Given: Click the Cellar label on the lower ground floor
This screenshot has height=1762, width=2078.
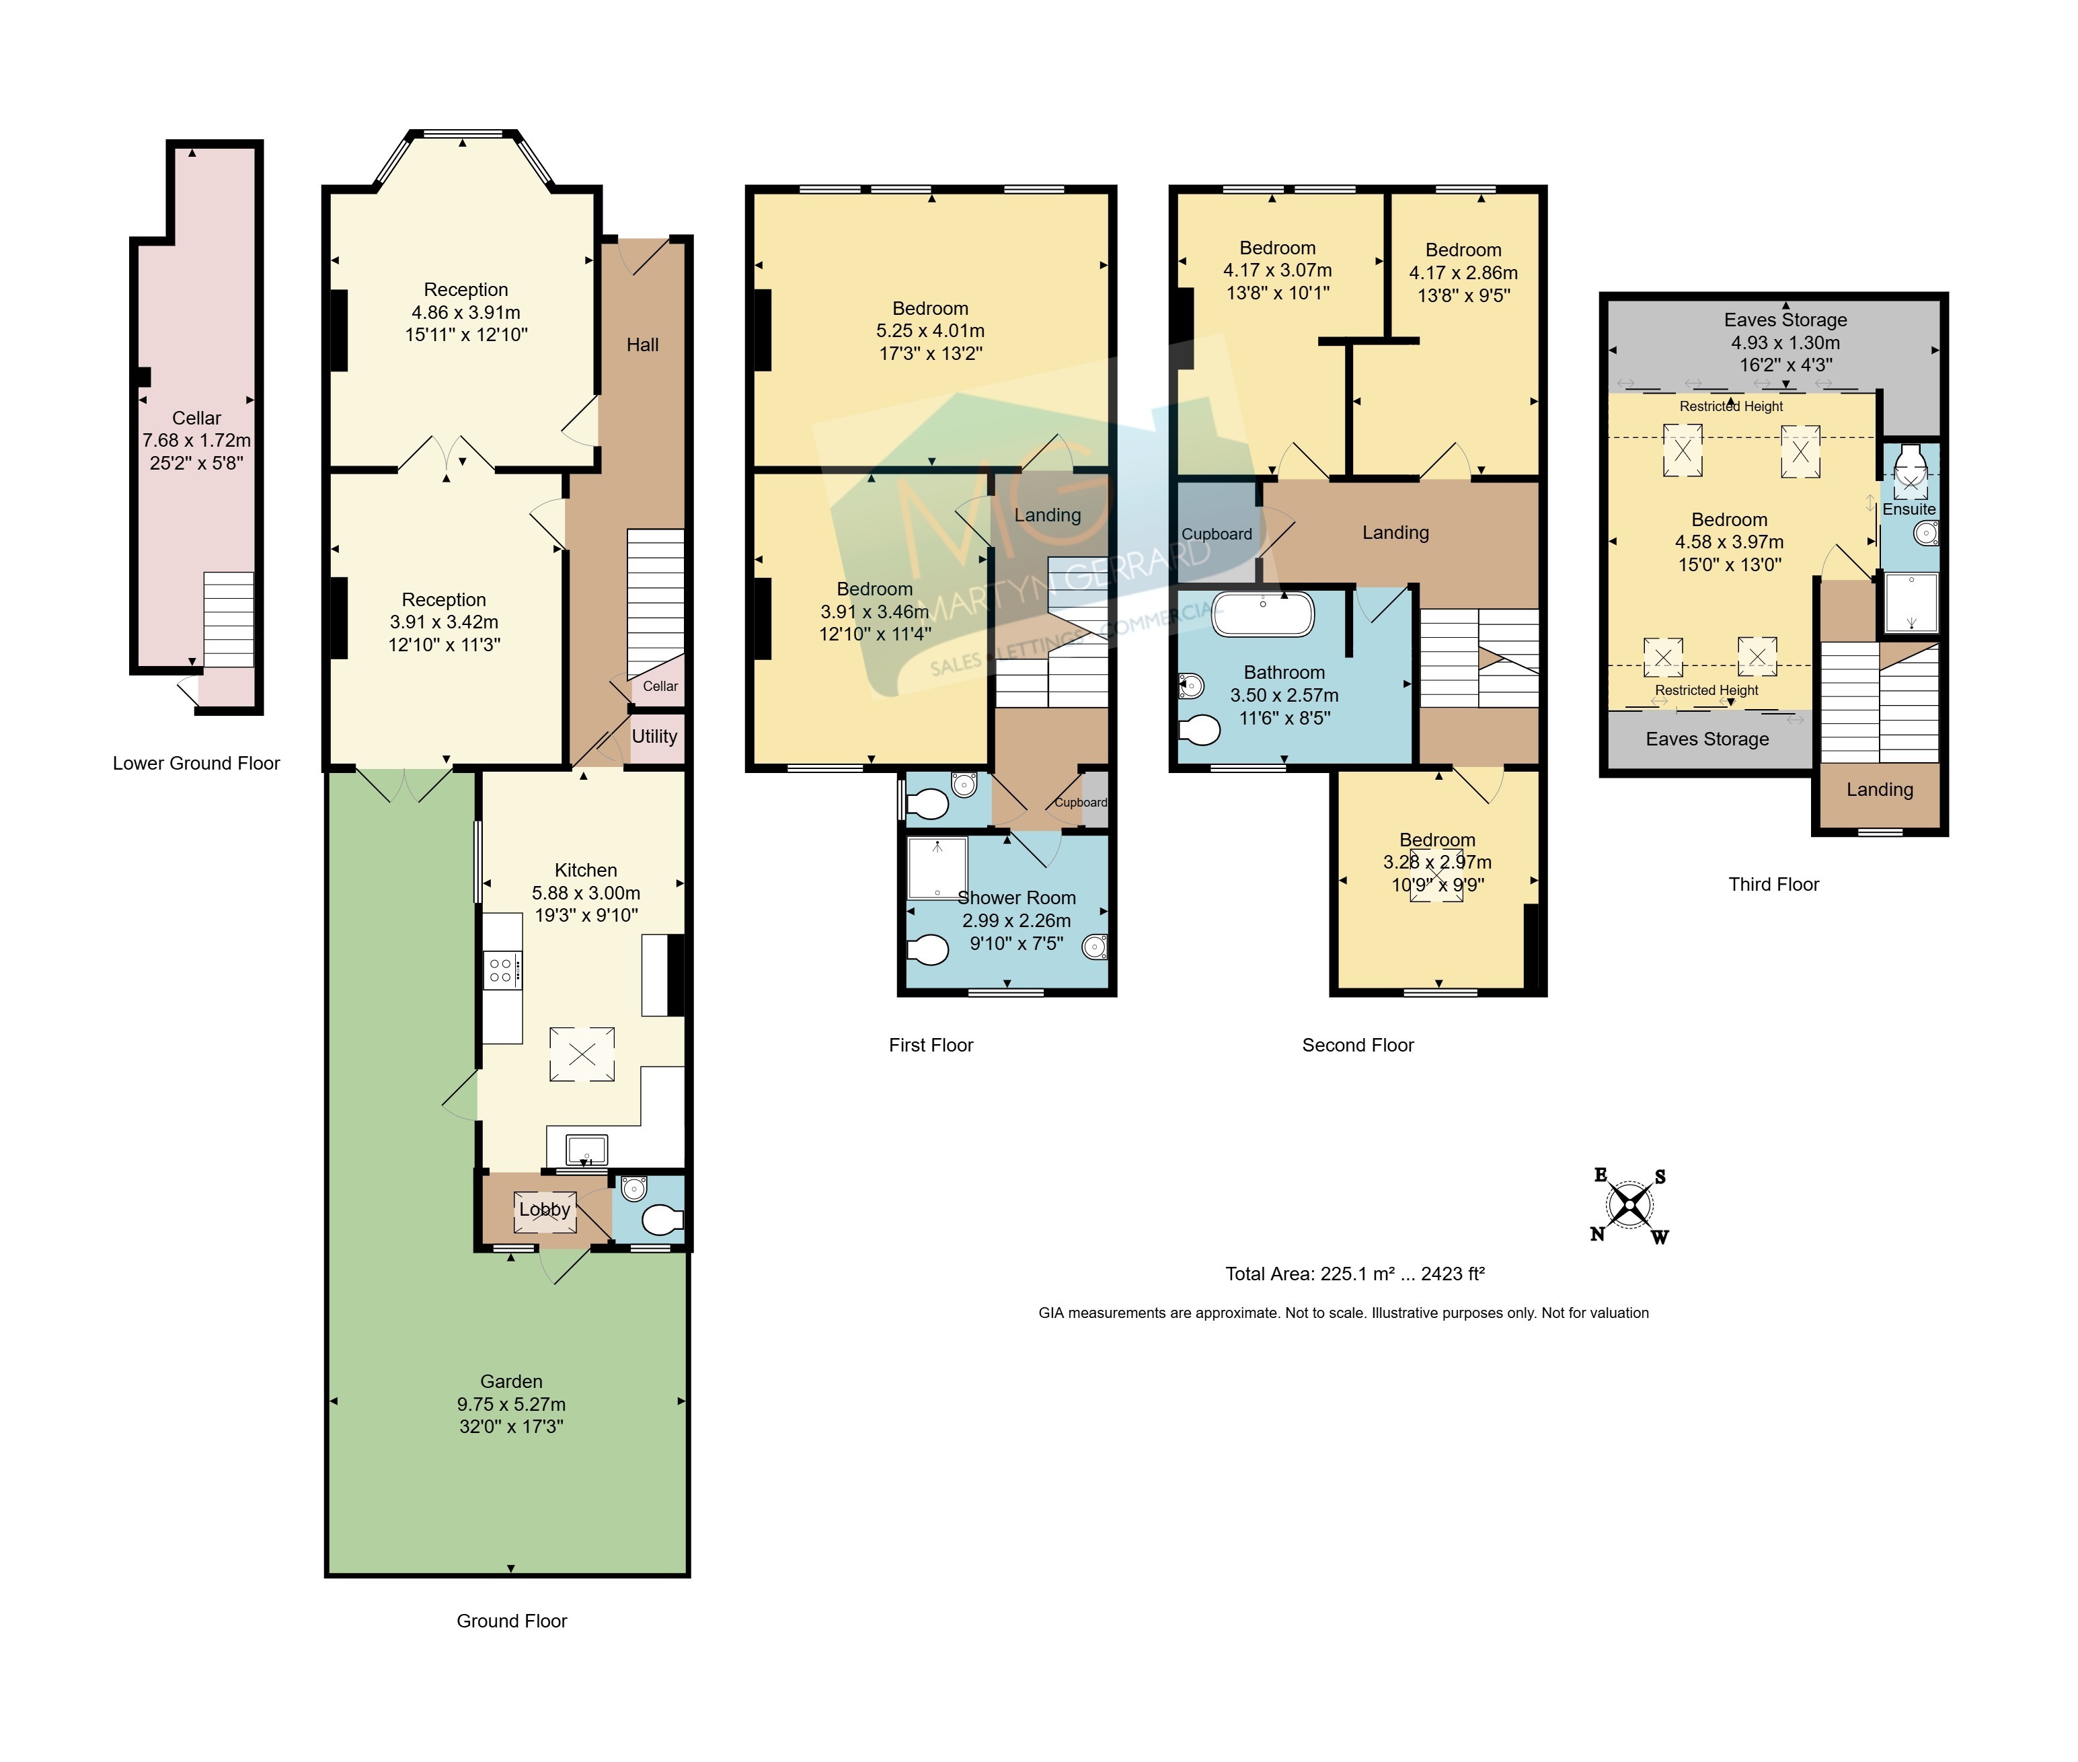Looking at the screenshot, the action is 197,418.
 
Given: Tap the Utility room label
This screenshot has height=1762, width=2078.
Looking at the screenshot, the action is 654,736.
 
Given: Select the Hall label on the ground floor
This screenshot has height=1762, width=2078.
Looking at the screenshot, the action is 642,344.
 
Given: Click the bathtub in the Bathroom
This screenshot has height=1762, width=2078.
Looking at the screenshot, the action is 1263,614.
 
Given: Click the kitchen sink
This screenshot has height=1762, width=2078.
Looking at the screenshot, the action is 586,1150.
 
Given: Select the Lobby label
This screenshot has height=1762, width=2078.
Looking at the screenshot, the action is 544,1210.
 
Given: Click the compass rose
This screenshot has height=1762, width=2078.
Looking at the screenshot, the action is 1629,1206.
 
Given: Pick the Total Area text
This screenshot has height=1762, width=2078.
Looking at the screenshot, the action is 1355,1274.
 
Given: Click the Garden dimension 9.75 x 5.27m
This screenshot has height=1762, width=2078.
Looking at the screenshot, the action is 511,1404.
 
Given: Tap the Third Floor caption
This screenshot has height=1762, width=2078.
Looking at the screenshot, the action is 1773,884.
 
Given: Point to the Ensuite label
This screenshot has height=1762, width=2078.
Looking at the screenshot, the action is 1909,509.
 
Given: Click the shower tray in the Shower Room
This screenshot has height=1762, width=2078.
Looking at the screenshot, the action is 937,868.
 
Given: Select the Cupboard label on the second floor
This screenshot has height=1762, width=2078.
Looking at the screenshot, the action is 1217,534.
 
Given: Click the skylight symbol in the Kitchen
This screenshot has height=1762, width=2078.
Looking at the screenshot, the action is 582,1054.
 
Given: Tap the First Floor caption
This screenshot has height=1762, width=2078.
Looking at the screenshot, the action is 931,1045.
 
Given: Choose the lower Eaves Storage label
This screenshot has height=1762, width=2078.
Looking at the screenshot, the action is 1707,739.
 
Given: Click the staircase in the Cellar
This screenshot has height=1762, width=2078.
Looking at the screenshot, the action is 229,620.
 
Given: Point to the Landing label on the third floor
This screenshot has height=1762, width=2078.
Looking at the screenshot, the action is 1880,789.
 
